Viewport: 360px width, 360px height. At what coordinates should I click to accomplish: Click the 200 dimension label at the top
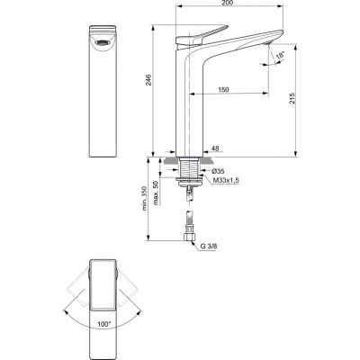click(229, 5)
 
